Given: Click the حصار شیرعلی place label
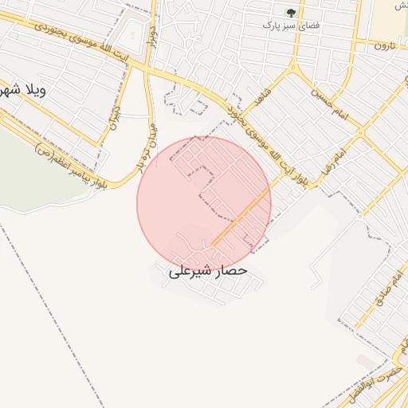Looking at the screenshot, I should tap(208, 271).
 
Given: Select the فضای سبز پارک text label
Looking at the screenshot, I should tap(292, 25).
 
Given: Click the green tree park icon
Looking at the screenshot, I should tap(291, 13).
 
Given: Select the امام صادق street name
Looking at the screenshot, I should tap(388, 283).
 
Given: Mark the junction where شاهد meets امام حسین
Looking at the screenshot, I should tap(296, 73).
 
